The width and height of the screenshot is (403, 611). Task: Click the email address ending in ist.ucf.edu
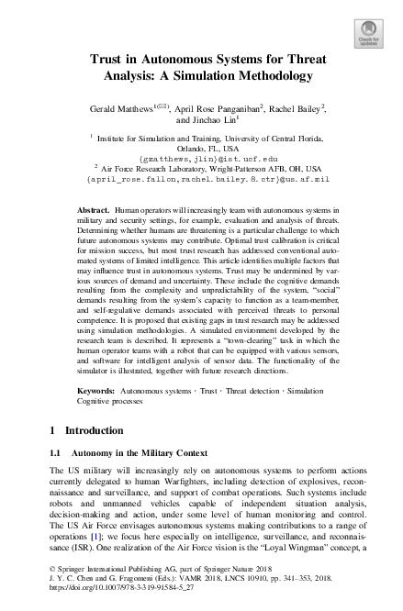201,158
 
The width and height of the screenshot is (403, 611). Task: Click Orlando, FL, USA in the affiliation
201,148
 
